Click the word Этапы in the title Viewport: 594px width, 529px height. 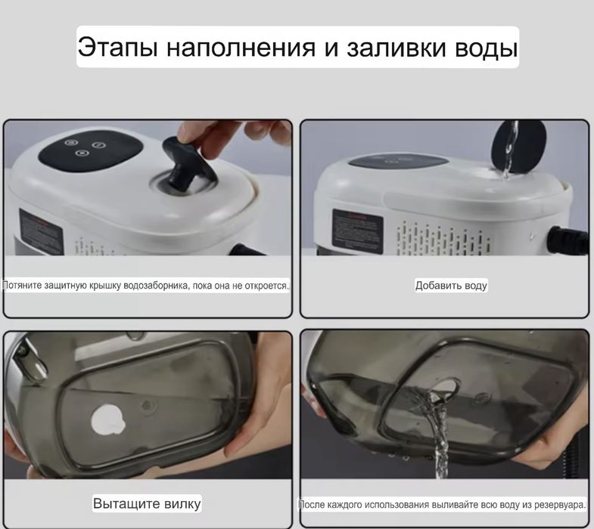[x=117, y=47]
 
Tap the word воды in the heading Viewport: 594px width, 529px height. [x=486, y=48]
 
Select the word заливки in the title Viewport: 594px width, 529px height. [x=396, y=48]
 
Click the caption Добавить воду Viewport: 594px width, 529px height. [x=451, y=286]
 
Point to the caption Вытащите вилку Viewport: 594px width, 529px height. [x=147, y=503]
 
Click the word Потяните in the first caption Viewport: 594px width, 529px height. [x=22, y=285]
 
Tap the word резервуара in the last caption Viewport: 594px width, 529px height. [x=559, y=505]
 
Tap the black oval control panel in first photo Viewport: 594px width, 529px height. [x=91, y=151]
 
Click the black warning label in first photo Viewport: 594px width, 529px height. [x=41, y=231]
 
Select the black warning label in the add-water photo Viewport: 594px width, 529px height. [x=357, y=230]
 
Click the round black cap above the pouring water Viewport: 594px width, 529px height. [x=518, y=147]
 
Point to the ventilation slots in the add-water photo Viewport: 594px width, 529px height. [x=443, y=238]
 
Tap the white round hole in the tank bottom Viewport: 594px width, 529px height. [x=108, y=420]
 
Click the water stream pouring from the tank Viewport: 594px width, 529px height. [x=437, y=432]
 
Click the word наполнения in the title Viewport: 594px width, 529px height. [x=241, y=48]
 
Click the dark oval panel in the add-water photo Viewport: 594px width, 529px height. [x=398, y=162]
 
